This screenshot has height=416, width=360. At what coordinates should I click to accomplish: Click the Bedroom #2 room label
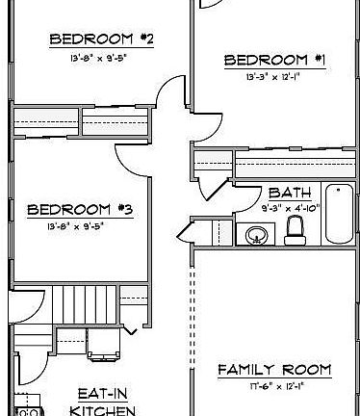pos(102,39)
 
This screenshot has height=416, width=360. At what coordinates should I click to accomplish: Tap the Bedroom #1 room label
pos(273,60)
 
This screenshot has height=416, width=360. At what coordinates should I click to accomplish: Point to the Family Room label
pos(273,370)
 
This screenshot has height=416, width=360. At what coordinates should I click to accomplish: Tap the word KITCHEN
pos(102,410)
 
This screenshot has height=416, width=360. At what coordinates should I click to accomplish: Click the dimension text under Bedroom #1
pos(274,76)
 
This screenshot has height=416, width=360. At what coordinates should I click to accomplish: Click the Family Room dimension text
pos(273,386)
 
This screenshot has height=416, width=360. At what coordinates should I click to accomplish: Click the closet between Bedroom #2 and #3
pos(81,123)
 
